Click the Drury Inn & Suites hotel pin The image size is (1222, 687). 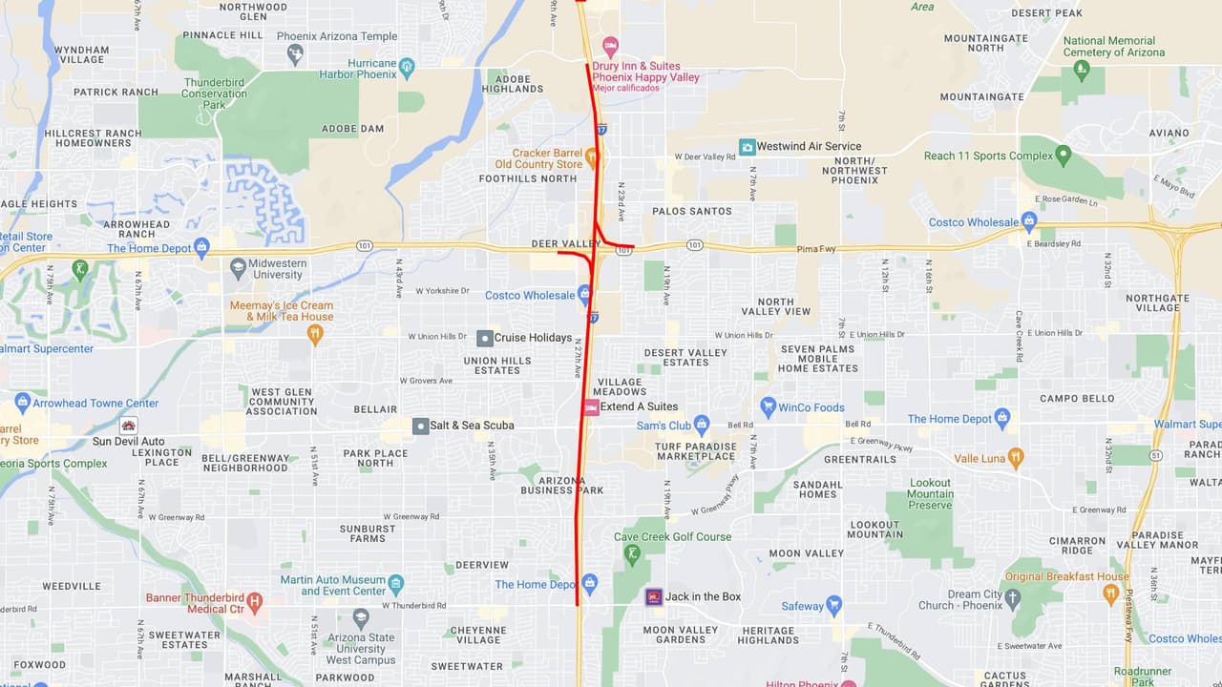(x=611, y=47)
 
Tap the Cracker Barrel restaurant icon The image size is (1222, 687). (x=592, y=156)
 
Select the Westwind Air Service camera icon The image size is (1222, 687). (x=748, y=147)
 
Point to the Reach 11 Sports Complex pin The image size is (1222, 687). (x=1064, y=155)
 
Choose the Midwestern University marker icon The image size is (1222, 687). (x=238, y=268)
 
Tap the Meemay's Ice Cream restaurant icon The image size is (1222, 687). (x=315, y=333)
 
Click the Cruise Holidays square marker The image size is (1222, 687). (x=485, y=338)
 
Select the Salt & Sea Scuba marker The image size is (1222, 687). (x=420, y=426)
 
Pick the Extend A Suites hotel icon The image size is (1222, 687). (x=591, y=407)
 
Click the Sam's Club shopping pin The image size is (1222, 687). (x=702, y=424)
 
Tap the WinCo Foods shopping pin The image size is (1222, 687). (x=768, y=406)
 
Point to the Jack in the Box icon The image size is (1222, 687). (x=653, y=596)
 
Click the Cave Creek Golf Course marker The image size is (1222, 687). (x=631, y=552)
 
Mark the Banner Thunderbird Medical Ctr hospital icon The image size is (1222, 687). (x=254, y=602)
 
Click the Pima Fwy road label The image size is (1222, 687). (x=816, y=249)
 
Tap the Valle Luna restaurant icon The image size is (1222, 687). (x=1015, y=458)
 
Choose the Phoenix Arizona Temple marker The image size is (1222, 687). (x=295, y=53)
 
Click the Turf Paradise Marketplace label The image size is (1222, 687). (x=695, y=451)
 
